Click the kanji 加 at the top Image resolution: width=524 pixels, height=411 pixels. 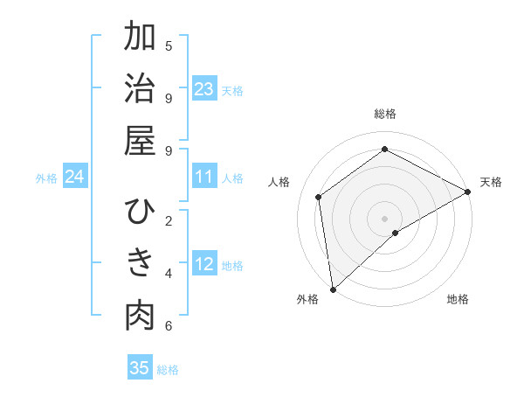[x=140, y=38]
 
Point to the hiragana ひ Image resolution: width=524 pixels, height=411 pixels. [x=140, y=212]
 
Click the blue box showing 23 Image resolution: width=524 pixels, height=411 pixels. [x=204, y=89]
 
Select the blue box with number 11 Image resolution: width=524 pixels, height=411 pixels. [x=204, y=177]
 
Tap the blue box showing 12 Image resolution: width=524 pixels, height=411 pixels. [x=204, y=264]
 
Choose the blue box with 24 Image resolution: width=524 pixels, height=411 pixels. [x=74, y=177]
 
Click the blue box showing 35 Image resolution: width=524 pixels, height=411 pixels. [x=140, y=368]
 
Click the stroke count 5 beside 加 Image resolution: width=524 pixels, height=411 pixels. [x=169, y=45]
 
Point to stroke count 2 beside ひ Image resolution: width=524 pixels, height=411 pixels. [x=169, y=220]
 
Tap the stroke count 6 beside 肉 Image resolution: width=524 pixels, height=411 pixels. [x=169, y=326]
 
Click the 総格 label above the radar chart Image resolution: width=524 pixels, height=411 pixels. [x=384, y=114]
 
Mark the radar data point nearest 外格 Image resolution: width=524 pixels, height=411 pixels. [x=333, y=289]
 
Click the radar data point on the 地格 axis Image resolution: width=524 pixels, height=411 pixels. [x=396, y=233]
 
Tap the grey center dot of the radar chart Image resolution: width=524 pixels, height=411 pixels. [x=384, y=218]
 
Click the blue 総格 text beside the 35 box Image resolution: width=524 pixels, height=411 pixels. [x=168, y=370]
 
